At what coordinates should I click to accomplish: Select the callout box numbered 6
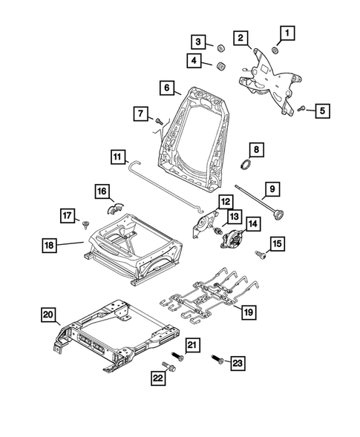168,88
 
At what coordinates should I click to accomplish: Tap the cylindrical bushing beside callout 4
220,67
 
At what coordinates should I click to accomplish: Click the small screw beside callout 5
302,109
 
